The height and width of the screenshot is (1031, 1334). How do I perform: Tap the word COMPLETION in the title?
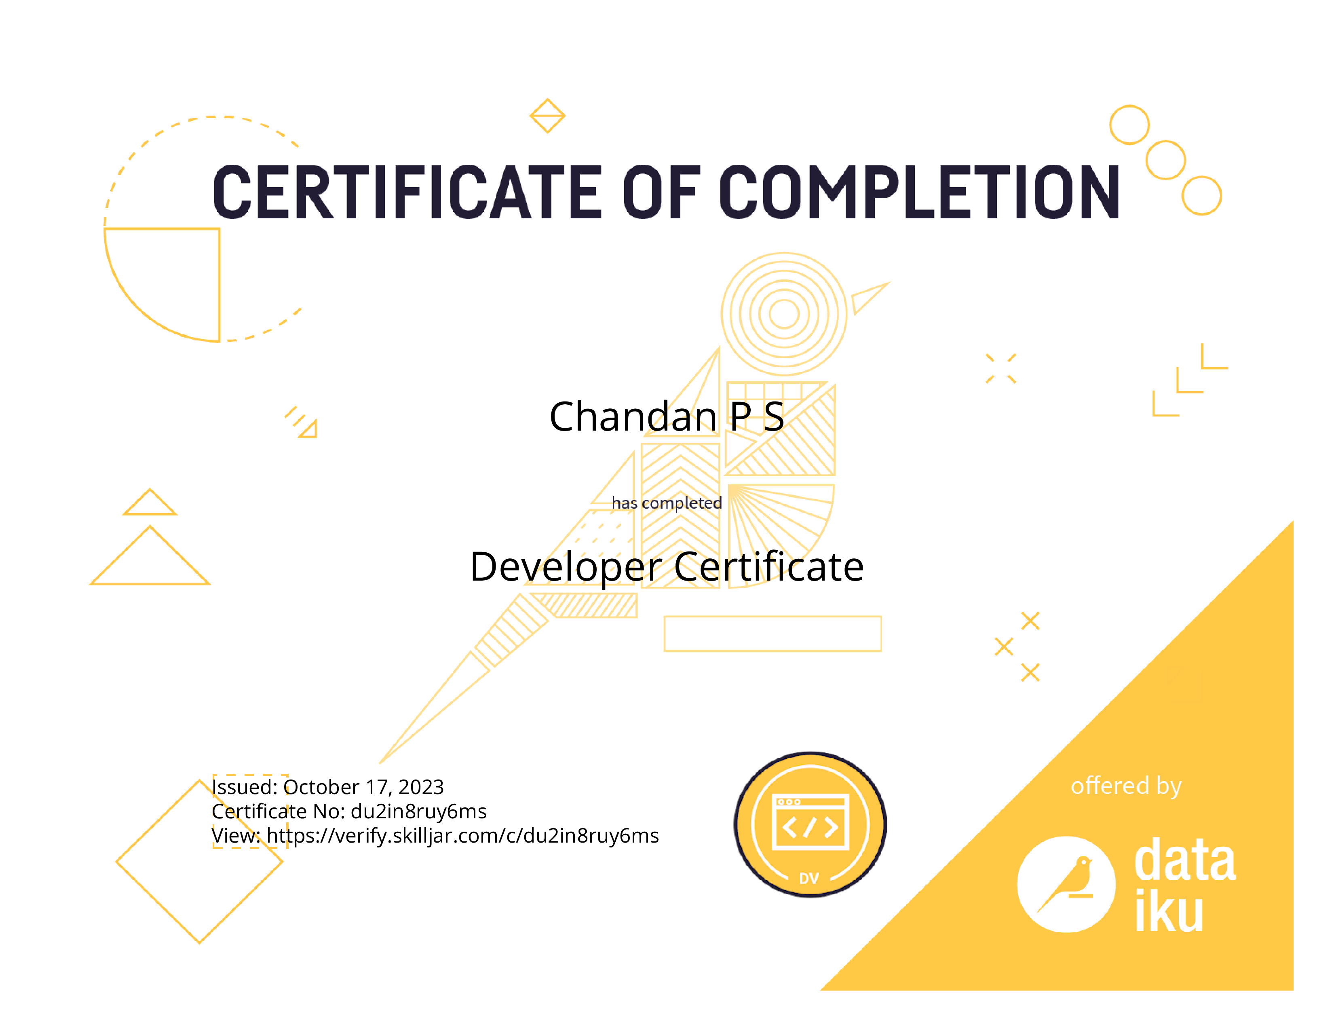919,192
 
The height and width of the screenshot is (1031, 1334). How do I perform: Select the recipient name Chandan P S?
666,416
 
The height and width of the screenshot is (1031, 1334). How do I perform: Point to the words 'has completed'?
666,503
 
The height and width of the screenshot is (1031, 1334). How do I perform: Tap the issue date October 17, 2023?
363,787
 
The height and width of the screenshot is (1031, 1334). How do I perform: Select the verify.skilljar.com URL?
463,836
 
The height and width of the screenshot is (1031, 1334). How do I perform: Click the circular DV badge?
810,824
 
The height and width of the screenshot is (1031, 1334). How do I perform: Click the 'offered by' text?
1126,786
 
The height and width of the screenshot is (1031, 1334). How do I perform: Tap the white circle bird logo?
1066,884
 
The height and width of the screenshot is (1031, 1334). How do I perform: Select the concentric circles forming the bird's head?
784,314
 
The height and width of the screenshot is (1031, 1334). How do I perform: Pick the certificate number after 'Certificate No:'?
419,811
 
